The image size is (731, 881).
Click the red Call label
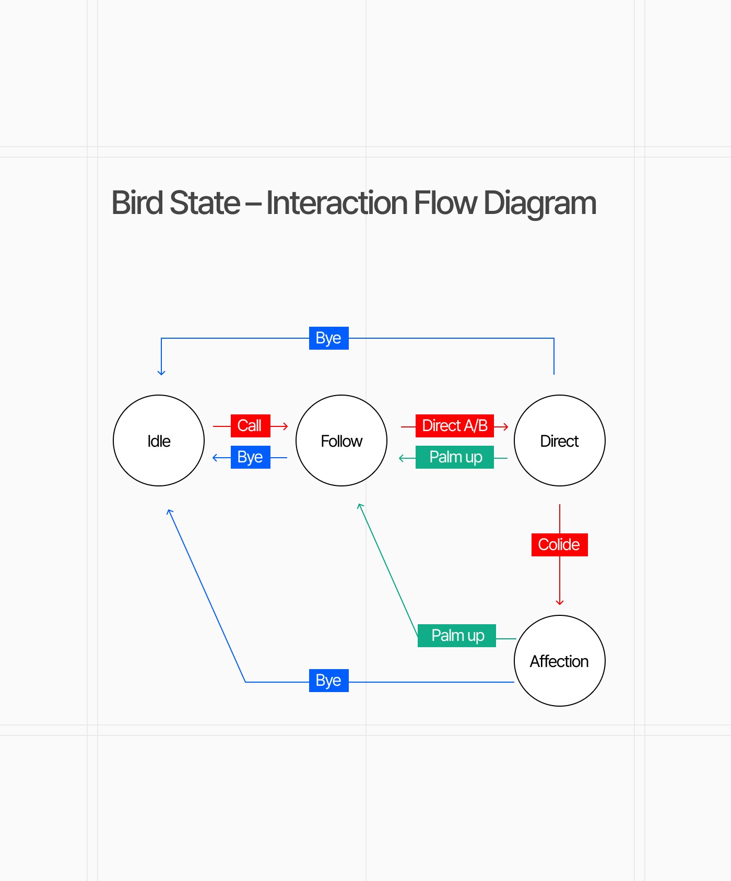coord(251,426)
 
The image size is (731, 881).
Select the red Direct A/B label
coord(455,426)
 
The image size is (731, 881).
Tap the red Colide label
coord(560,545)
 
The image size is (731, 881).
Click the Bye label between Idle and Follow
coord(251,457)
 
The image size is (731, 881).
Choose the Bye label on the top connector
coord(329,338)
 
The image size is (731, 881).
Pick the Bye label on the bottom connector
coord(329,681)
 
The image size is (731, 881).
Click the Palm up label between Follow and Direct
coord(455,457)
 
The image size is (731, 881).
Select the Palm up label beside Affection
coord(457,636)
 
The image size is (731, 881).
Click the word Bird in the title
coord(137,203)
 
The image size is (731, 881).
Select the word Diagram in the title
coord(540,204)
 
